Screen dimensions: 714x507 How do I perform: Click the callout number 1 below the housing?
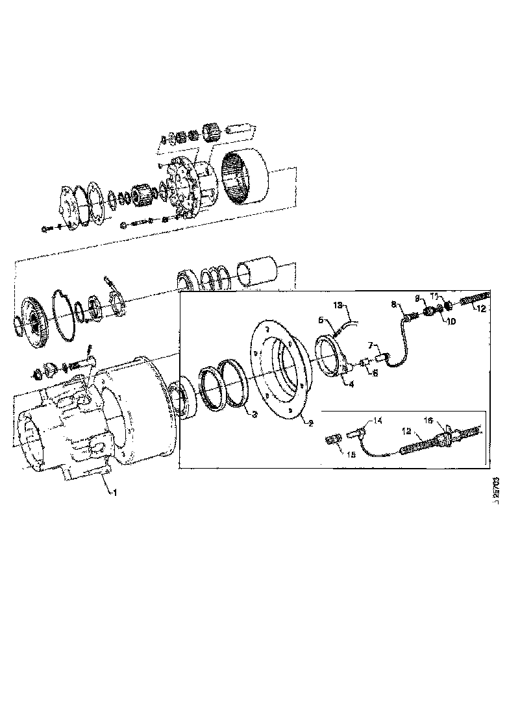coord(116,493)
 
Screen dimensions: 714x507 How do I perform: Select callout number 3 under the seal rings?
coord(255,413)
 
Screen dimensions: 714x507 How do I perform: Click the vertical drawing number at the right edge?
coord(496,493)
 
